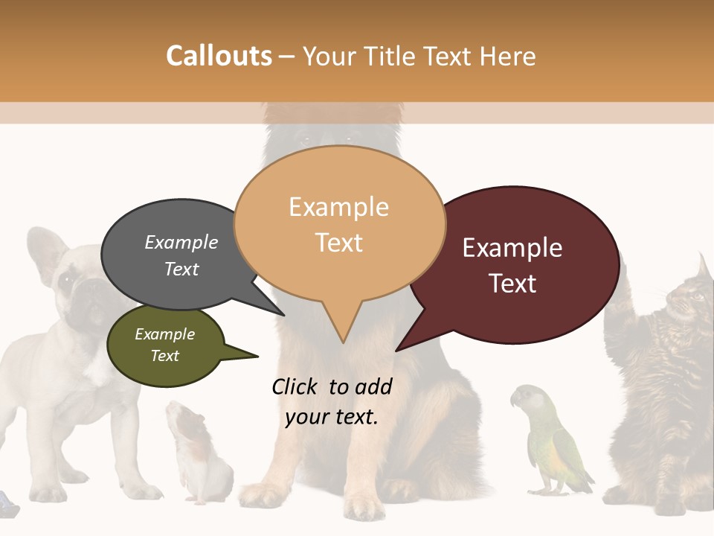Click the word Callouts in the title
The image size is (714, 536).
(219, 57)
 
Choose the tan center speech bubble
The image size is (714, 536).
(339, 223)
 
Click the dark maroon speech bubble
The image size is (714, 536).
(513, 265)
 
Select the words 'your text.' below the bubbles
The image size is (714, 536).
(332, 418)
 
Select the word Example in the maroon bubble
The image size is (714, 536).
(512, 248)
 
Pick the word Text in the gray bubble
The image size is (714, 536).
(181, 269)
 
